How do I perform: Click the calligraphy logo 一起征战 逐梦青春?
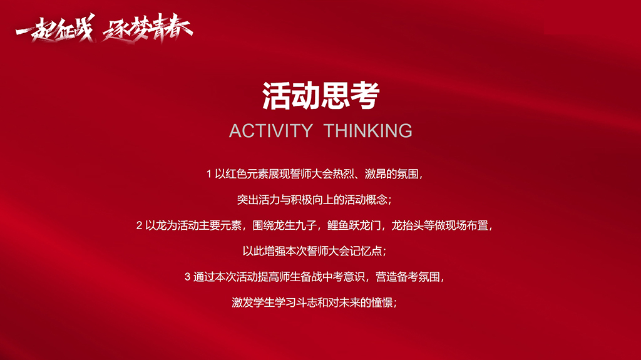[x=104, y=28]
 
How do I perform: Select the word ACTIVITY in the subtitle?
[x=270, y=131]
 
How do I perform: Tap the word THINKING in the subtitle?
[x=368, y=131]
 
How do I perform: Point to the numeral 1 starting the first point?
[x=209, y=173]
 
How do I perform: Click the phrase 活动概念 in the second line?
[x=367, y=200]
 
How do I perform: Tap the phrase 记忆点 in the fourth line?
[x=365, y=251]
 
